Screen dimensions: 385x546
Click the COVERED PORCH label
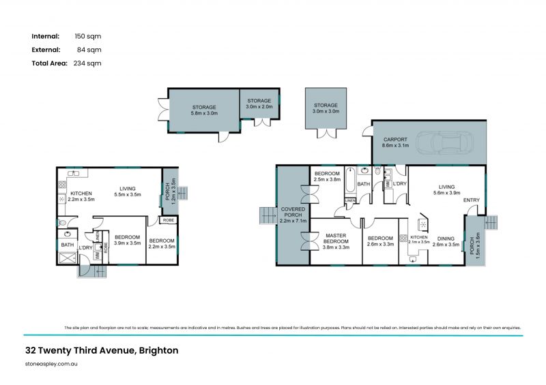(x=293, y=215)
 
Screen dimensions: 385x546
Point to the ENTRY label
(x=471, y=200)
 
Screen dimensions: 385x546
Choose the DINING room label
(x=446, y=240)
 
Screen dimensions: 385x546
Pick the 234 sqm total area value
(x=87, y=63)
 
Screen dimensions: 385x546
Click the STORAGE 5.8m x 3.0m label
(x=203, y=110)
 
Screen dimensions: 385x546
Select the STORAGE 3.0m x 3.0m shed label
(x=326, y=109)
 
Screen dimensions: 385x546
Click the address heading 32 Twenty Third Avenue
(x=102, y=351)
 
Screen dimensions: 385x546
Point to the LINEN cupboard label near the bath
(x=349, y=200)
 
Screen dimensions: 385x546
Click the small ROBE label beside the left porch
(x=167, y=220)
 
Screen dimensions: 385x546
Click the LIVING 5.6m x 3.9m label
(x=446, y=189)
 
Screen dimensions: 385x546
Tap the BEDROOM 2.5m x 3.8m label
(x=326, y=177)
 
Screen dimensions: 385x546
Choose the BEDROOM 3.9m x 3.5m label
(x=126, y=240)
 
